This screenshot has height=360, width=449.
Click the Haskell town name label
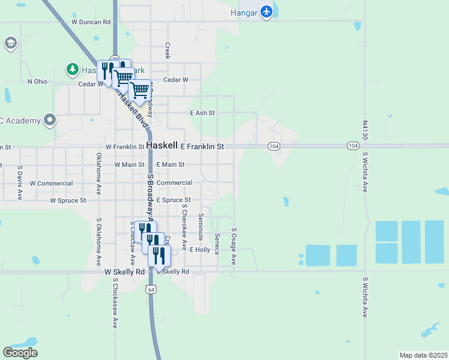coord(162,146)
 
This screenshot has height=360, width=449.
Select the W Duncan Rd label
coord(91,22)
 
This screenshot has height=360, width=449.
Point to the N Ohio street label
coord(37,82)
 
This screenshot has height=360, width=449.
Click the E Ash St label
coord(202,113)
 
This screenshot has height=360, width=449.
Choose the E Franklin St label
coord(202,146)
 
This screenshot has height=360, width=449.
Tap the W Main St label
coord(129,164)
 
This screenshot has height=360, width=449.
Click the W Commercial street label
coord(51,183)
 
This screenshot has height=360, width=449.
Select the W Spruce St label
coord(68,200)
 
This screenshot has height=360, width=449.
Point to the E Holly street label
coord(200,249)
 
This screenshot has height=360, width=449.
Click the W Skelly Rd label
coord(125,272)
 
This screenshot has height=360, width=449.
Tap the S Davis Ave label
coord(20,183)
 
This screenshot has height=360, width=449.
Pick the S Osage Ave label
coord(234,246)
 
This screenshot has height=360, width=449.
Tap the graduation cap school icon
coord(10,43)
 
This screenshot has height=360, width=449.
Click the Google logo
coord(20,353)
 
